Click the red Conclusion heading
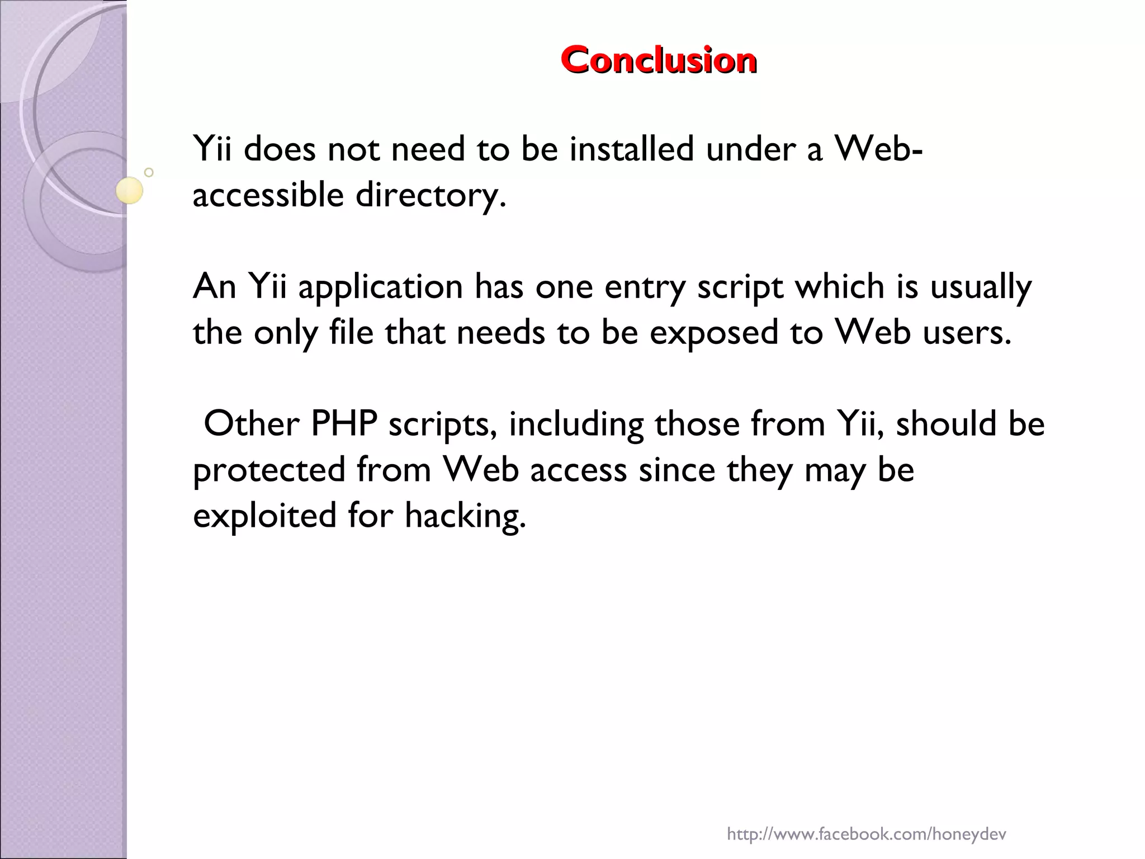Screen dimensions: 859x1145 [x=659, y=60]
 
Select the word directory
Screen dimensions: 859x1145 [x=430, y=196]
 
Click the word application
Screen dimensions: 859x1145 [x=380, y=287]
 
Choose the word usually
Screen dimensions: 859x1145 [x=981, y=287]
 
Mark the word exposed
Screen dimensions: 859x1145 [x=713, y=333]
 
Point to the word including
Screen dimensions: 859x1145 [x=576, y=424]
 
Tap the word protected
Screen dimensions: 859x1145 [x=269, y=470]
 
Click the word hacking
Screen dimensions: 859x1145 [x=465, y=516]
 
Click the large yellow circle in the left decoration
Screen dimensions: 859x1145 [x=130, y=191]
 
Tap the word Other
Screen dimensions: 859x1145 [x=252, y=423]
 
